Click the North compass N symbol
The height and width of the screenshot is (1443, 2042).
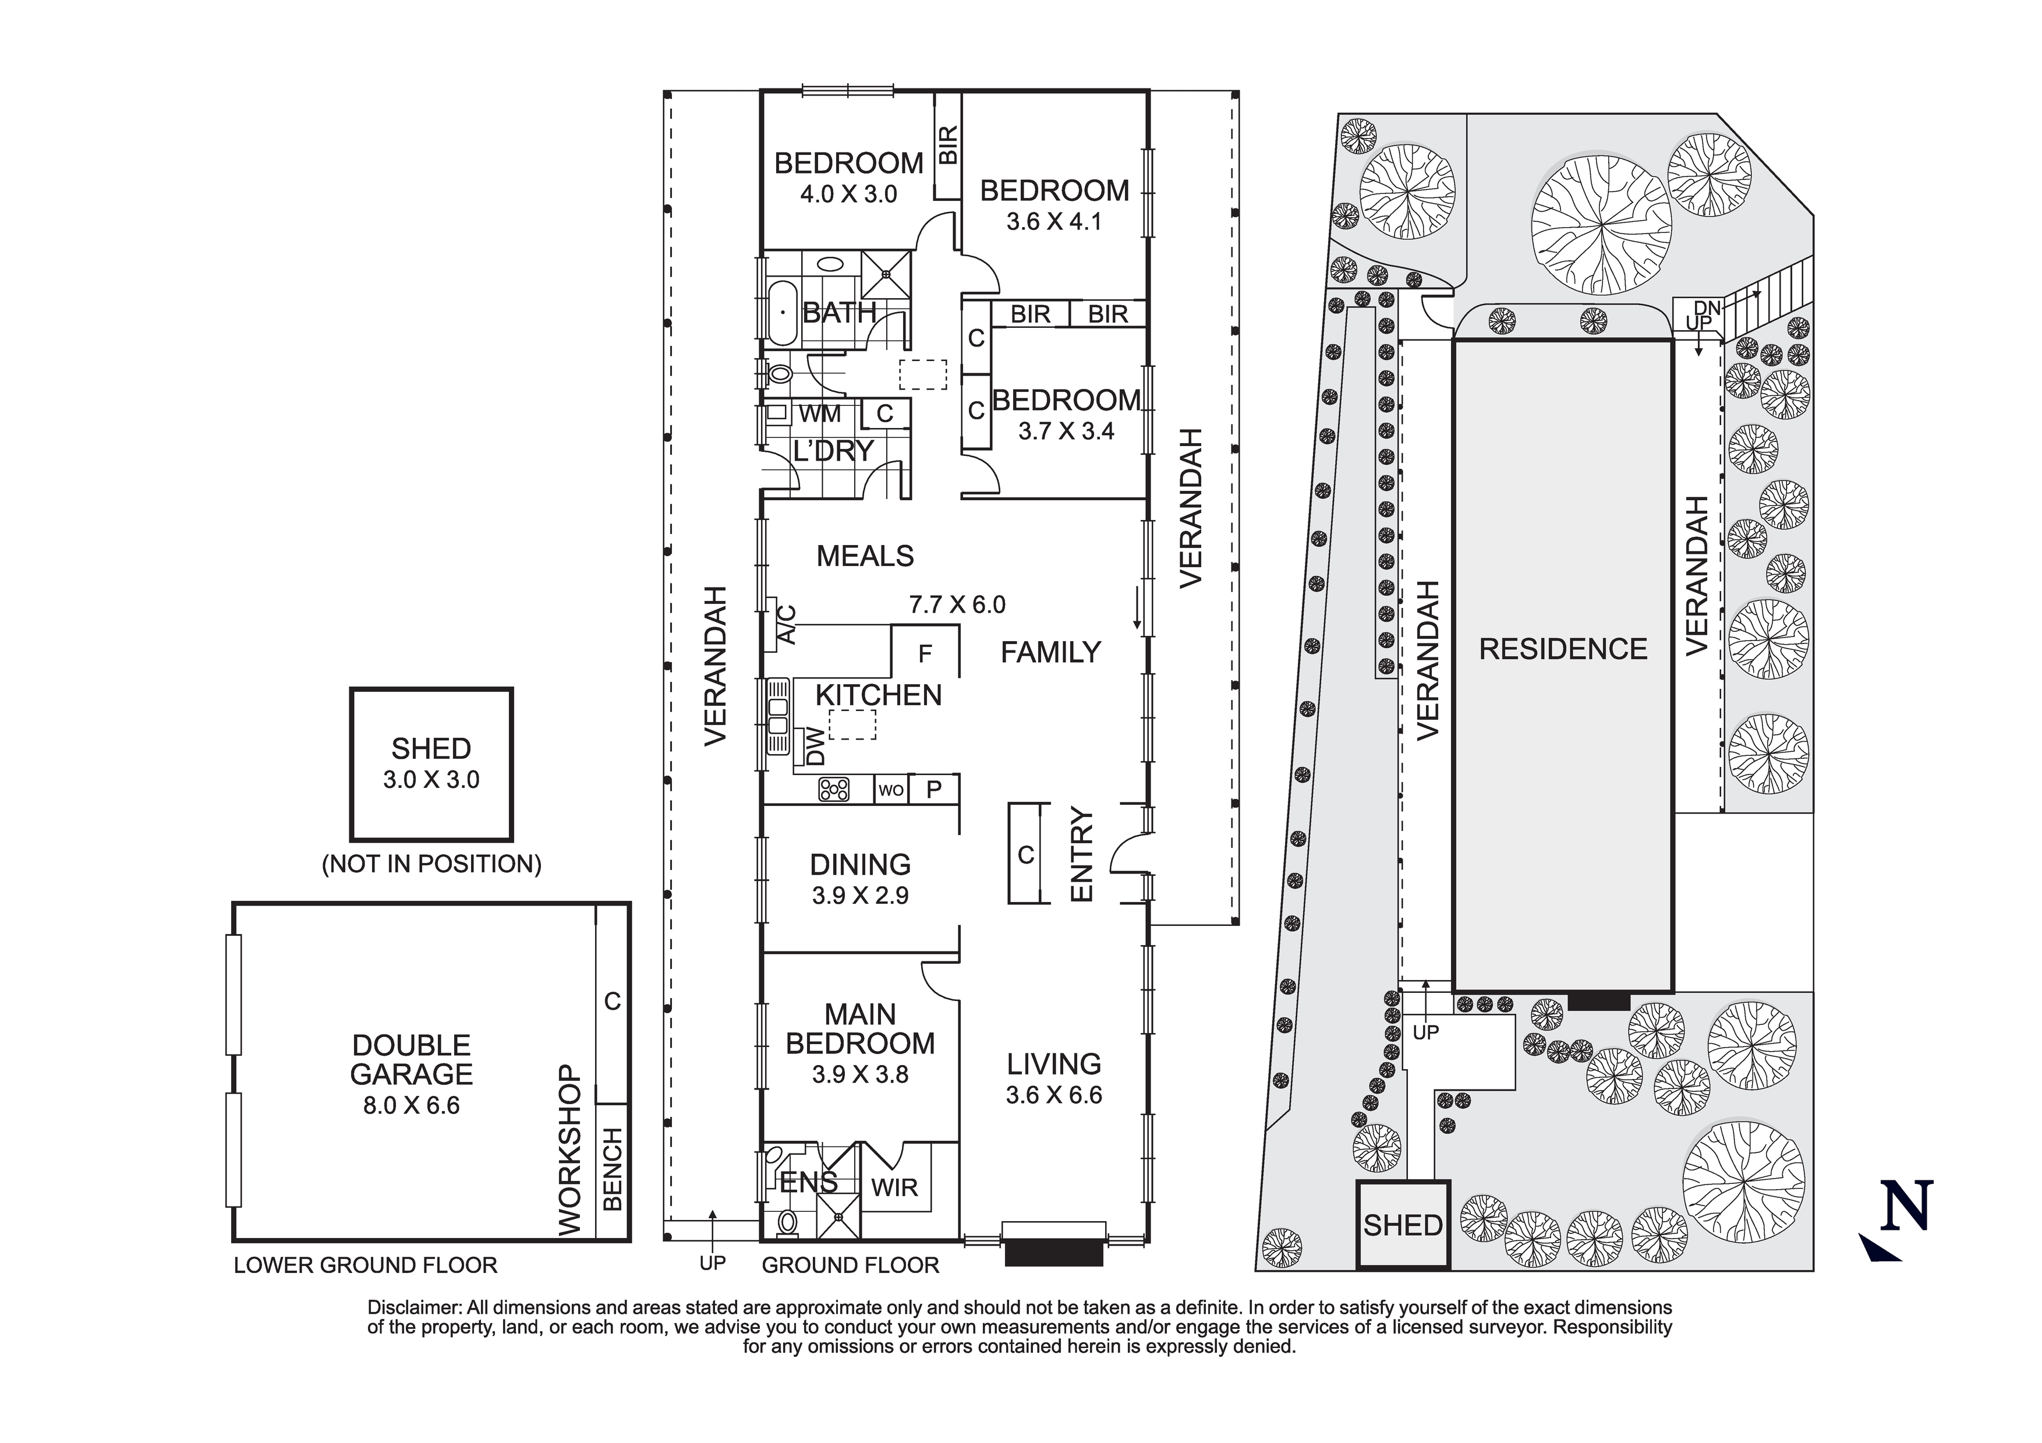[x=1905, y=1207]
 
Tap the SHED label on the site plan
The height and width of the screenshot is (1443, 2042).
[x=1403, y=1225]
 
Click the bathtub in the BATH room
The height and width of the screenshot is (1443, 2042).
[x=783, y=312]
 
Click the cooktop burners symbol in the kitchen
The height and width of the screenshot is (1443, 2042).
[x=833, y=788]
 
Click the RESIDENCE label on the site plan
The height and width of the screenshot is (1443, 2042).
[x=1563, y=649]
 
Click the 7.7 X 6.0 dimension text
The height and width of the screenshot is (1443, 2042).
[x=957, y=605]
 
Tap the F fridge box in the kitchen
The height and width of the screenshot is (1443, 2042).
[x=925, y=654]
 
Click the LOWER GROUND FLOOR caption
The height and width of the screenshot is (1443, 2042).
[x=366, y=1265]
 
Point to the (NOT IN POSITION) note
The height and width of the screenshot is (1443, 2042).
[x=431, y=864]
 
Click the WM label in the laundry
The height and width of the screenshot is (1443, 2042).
[x=819, y=413]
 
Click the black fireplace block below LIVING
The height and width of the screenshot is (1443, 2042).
[x=1054, y=1254]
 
